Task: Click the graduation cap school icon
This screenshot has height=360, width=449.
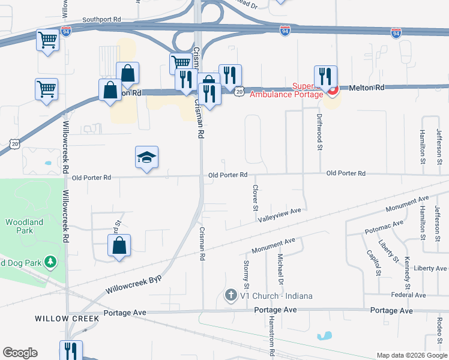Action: tap(147, 158)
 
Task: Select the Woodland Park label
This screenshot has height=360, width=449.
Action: tap(25, 226)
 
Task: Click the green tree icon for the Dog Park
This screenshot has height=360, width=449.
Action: tap(52, 262)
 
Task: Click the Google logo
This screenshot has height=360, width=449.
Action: tap(20, 353)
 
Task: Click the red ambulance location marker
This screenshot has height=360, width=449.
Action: tap(332, 91)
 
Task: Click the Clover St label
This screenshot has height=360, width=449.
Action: tap(255, 197)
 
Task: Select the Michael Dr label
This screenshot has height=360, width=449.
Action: tap(280, 265)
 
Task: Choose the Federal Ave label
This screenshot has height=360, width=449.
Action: tap(408, 295)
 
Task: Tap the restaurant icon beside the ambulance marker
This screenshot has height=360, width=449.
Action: tap(325, 76)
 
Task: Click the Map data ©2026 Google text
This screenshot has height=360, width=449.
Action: tap(411, 355)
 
